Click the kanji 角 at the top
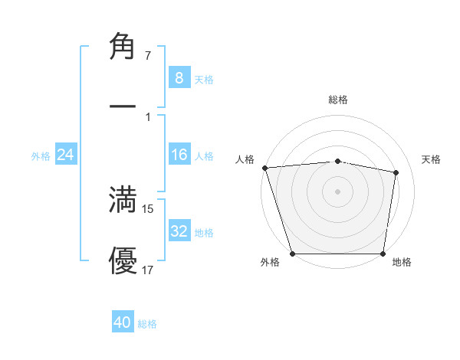[x=123, y=47]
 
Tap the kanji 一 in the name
[x=123, y=104]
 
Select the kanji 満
[x=123, y=199]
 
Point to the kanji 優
[x=123, y=262]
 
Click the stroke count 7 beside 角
[x=148, y=56]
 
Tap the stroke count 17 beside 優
[x=148, y=270]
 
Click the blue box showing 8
[x=179, y=77]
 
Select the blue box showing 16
[x=179, y=155]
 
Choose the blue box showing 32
[x=179, y=231]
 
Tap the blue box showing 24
[x=66, y=155]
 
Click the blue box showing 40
[x=123, y=322]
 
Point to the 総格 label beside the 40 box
[x=147, y=324]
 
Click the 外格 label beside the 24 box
[x=41, y=156]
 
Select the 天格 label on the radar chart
[x=432, y=159]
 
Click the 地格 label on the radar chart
[x=402, y=262]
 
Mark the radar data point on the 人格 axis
[x=264, y=168]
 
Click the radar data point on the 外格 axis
[x=293, y=254]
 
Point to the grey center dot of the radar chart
[x=337, y=191]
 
